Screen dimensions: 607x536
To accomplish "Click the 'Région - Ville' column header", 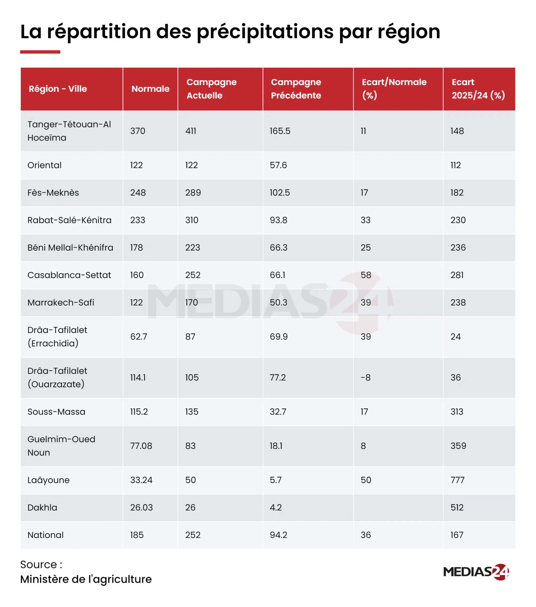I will pyautogui.click(x=58, y=89).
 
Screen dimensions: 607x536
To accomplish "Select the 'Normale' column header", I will pyautogui.click(x=150, y=89).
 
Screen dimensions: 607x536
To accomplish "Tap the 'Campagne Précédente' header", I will pyautogui.click(x=296, y=89).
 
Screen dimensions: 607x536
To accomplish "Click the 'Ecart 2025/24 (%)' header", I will pyautogui.click(x=478, y=89).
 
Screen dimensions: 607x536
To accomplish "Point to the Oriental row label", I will pyautogui.click(x=44, y=165).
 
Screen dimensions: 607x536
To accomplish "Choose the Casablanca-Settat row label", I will pyautogui.click(x=69, y=275).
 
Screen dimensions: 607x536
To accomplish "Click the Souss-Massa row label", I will pyautogui.click(x=57, y=411).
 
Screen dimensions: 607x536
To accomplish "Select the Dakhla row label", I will pyautogui.click(x=42, y=508).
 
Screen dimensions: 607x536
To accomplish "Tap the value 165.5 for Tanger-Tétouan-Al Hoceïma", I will pyautogui.click(x=280, y=131).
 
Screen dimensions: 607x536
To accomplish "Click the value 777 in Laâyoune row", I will pyautogui.click(x=457, y=480).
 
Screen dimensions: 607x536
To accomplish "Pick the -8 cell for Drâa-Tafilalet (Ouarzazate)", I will pyautogui.click(x=366, y=377).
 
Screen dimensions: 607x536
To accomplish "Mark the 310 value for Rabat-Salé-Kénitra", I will pyautogui.click(x=192, y=220).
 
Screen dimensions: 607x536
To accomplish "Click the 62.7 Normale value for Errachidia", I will pyautogui.click(x=138, y=336).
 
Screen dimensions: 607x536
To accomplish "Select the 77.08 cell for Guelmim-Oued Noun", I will pyautogui.click(x=141, y=446).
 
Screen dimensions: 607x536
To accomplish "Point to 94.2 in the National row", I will pyautogui.click(x=278, y=535).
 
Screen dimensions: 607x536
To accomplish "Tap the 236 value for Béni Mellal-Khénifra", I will pyautogui.click(x=458, y=247).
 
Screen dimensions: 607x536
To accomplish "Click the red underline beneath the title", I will pyautogui.click(x=40, y=52).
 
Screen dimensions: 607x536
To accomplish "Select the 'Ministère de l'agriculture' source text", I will pyautogui.click(x=86, y=579).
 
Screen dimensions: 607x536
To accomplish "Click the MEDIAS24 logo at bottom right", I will pyautogui.click(x=476, y=572).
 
